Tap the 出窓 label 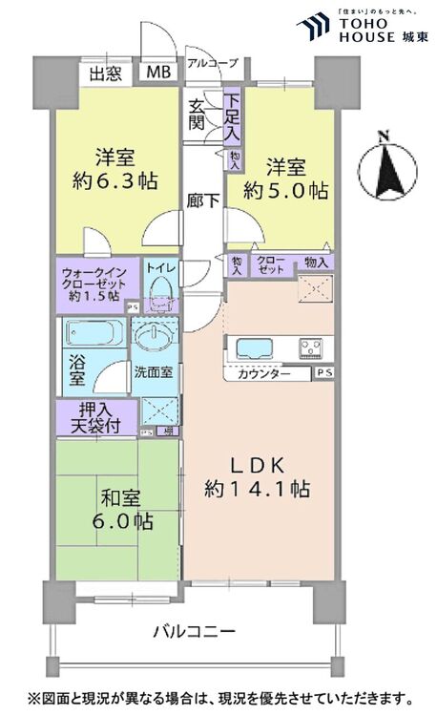105,74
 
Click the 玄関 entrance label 198,114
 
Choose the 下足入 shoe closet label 232,114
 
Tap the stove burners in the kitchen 312,347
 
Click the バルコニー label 194,632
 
